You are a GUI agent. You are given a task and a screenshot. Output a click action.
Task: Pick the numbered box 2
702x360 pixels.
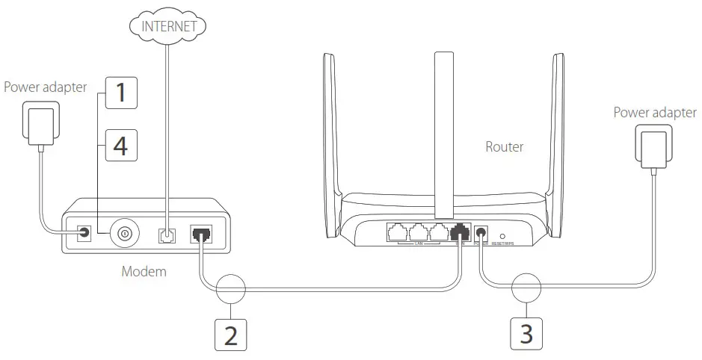click(231, 334)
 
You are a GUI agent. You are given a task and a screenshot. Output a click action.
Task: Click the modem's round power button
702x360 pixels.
click(124, 234)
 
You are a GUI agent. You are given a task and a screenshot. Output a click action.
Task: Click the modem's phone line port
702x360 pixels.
click(166, 234)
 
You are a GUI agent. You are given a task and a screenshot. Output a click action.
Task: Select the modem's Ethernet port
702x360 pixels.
click(201, 234)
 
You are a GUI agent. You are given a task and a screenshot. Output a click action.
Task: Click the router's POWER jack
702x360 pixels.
click(482, 233)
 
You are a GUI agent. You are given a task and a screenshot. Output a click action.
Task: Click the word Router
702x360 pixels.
click(505, 147)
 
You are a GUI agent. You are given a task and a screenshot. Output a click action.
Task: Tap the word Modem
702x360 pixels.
click(144, 272)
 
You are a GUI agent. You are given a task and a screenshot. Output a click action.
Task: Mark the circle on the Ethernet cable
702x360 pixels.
click(231, 288)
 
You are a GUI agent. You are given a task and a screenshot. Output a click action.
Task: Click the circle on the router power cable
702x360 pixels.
click(527, 288)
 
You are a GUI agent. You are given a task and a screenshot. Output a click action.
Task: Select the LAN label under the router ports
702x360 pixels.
click(419, 243)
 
